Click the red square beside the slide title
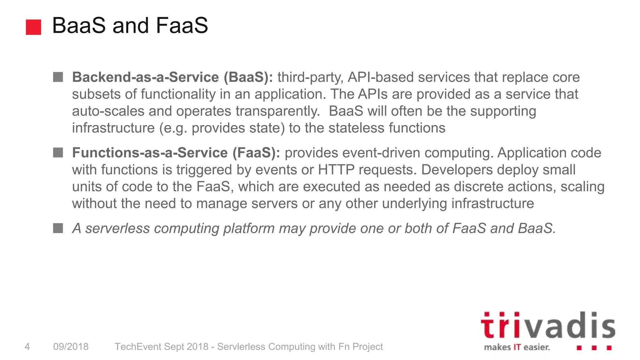tap(33, 27)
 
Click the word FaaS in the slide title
tap(182, 25)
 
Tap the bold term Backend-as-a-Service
tap(145, 77)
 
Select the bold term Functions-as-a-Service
tap(150, 153)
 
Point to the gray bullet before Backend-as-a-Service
tap(58, 77)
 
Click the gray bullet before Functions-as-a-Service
tap(58, 152)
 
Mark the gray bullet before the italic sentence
tap(58, 228)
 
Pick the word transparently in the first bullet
tap(277, 111)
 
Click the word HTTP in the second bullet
tap(336, 170)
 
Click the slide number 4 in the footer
tap(27, 347)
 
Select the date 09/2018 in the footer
tap(71, 347)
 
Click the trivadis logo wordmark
tap(547, 326)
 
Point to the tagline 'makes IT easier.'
tap(517, 347)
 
